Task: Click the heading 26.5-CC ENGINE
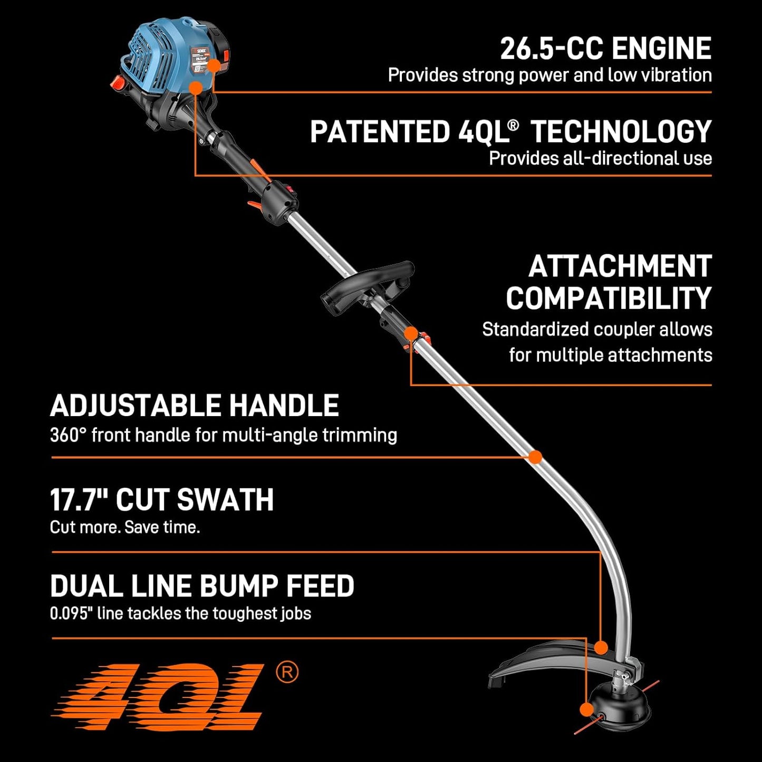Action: coord(605,49)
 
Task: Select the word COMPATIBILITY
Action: coord(609,298)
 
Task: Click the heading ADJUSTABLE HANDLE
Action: coord(194,406)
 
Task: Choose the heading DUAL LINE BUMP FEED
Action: coord(202,586)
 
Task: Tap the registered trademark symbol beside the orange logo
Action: coord(287,672)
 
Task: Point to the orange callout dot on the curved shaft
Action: coord(535,457)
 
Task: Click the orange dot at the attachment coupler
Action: coord(411,333)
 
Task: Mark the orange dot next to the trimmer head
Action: coord(586,710)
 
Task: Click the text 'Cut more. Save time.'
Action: coord(125,527)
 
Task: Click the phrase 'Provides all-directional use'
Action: coord(600,158)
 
